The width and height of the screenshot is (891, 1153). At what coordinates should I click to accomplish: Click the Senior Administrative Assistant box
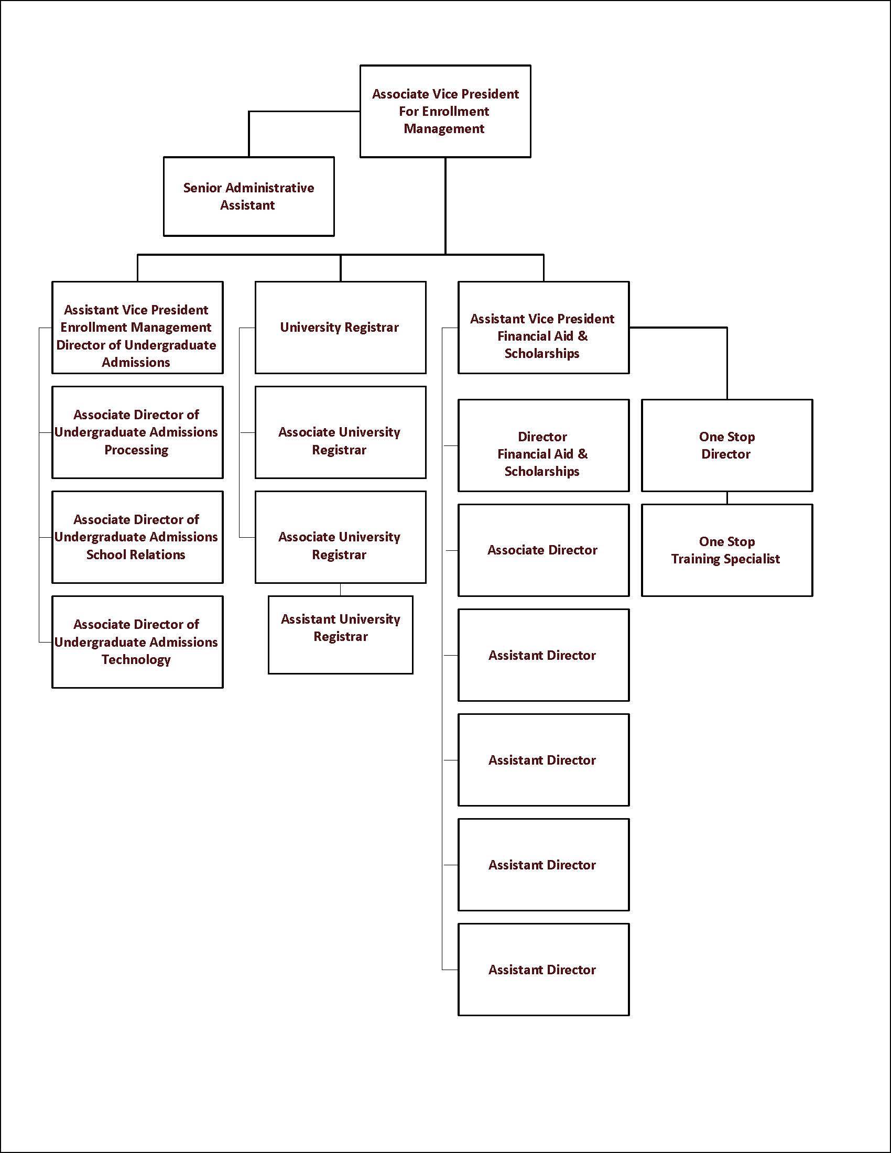tap(248, 197)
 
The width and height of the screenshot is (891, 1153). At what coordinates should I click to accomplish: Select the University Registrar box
tap(340, 328)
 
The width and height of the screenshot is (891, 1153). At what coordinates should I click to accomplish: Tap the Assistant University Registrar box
tap(340, 634)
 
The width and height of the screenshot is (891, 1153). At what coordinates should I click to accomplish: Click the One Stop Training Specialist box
tap(726, 550)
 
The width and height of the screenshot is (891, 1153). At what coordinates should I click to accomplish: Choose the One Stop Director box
tap(726, 445)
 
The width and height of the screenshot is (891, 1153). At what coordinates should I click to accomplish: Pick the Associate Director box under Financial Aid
tap(543, 550)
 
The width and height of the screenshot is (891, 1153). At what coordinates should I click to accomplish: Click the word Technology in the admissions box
tap(136, 659)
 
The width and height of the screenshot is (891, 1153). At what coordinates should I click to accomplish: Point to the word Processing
tap(136, 450)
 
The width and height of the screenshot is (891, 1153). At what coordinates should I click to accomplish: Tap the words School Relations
tap(136, 554)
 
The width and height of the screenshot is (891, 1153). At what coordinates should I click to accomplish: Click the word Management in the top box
tap(444, 129)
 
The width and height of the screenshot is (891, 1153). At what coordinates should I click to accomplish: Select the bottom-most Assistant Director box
tap(543, 969)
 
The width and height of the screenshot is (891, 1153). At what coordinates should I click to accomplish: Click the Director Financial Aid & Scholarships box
tap(543, 445)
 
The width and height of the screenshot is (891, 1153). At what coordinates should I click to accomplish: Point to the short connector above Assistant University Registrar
tap(341, 590)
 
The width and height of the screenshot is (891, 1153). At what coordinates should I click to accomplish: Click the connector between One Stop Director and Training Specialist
tap(727, 498)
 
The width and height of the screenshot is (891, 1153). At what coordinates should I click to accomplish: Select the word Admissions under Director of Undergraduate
tap(136, 362)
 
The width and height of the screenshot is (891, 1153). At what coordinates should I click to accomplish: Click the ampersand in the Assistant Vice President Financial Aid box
tap(583, 336)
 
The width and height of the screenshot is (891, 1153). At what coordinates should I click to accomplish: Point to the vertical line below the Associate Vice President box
tap(445, 206)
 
